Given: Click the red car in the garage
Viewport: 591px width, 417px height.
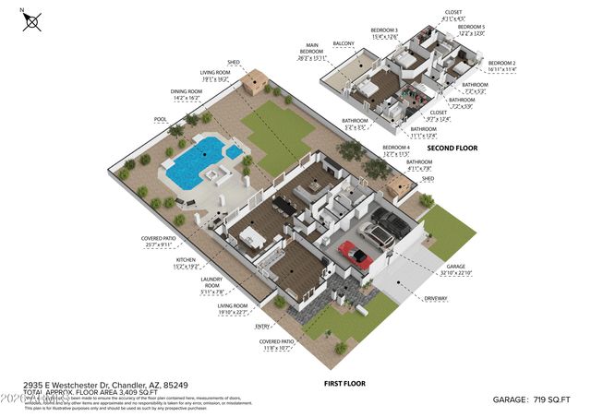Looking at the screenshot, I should pyautogui.click(x=356, y=254).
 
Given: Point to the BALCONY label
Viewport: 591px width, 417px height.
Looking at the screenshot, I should pyautogui.click(x=343, y=42).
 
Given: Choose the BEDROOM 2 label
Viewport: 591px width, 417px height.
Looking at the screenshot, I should pyautogui.click(x=501, y=62).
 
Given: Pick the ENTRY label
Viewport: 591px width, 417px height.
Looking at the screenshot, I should pyautogui.click(x=264, y=326).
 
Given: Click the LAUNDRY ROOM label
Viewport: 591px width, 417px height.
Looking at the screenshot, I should pyautogui.click(x=218, y=285).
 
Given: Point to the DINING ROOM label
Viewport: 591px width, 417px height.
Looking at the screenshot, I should pyautogui.click(x=186, y=91).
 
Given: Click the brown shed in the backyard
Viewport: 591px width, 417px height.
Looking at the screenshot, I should pyautogui.click(x=255, y=83).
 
